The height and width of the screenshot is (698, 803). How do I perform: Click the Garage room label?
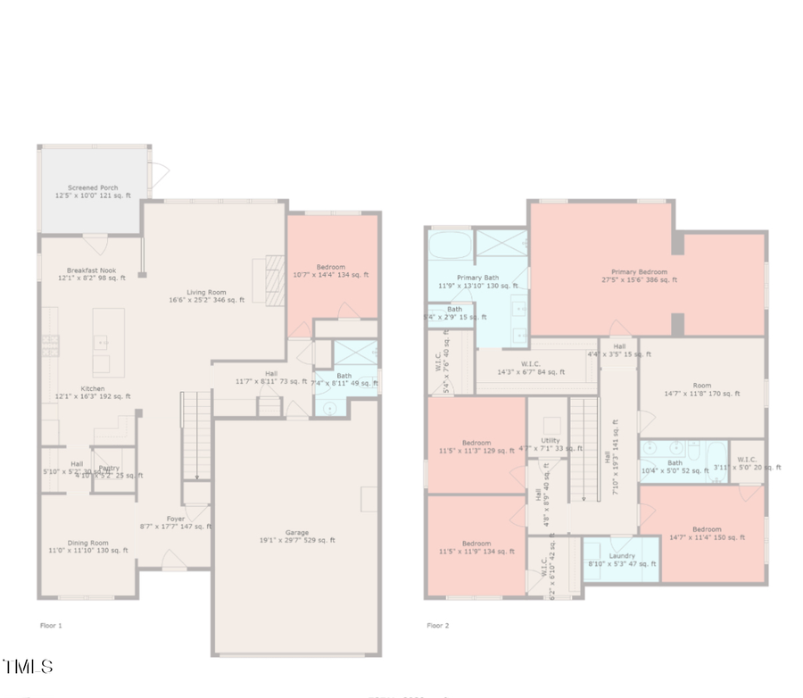point(297,535)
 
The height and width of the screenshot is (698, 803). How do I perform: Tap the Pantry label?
point(110,469)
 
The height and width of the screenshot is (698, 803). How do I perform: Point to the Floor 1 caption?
point(52,626)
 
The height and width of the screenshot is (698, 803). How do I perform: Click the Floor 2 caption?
point(438,626)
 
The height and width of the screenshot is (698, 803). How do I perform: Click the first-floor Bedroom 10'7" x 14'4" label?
point(331,270)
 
